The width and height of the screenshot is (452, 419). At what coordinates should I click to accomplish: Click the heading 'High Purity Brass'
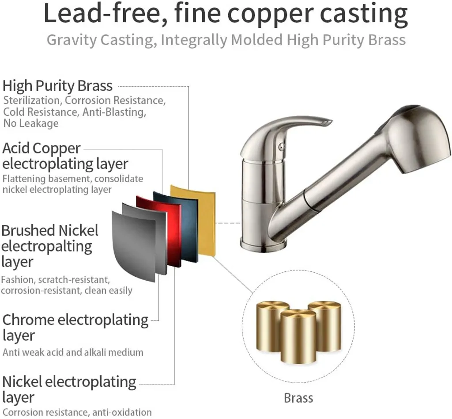click(x=57, y=85)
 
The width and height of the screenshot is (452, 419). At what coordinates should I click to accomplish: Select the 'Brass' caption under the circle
click(x=298, y=398)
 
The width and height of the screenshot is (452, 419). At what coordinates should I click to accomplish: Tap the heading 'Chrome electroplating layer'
click(x=75, y=327)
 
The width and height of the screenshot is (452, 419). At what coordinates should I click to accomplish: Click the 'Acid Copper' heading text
click(x=42, y=148)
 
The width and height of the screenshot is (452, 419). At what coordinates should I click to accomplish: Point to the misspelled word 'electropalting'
click(x=46, y=246)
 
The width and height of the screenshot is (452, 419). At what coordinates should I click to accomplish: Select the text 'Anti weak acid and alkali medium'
click(x=73, y=352)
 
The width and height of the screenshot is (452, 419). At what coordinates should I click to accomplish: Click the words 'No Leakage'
click(x=31, y=123)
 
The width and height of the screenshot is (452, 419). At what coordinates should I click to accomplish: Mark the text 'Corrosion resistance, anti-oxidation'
click(x=77, y=412)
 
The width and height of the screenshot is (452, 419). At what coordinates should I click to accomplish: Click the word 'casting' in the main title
click(x=364, y=14)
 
